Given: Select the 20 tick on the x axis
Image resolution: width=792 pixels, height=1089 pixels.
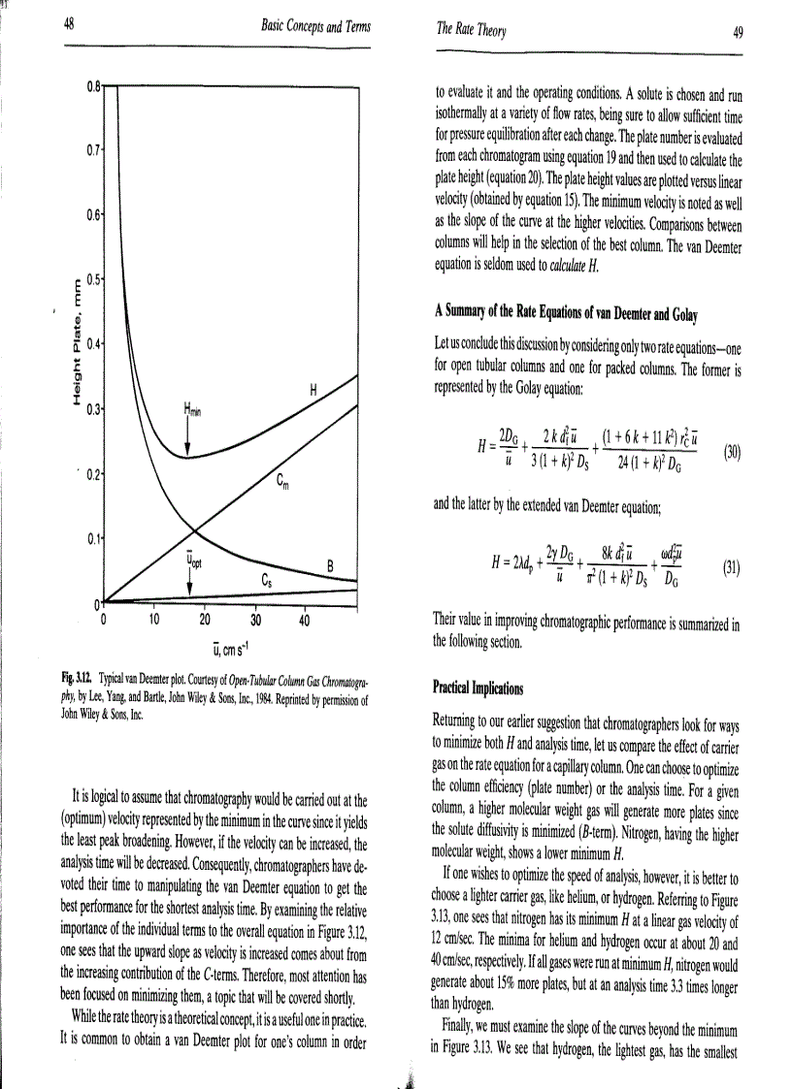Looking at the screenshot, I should coord(204,619).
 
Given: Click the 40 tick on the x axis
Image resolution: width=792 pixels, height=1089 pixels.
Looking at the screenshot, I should coord(304,619).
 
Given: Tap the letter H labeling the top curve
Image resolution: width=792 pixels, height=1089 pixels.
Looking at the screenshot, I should coord(313,390).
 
